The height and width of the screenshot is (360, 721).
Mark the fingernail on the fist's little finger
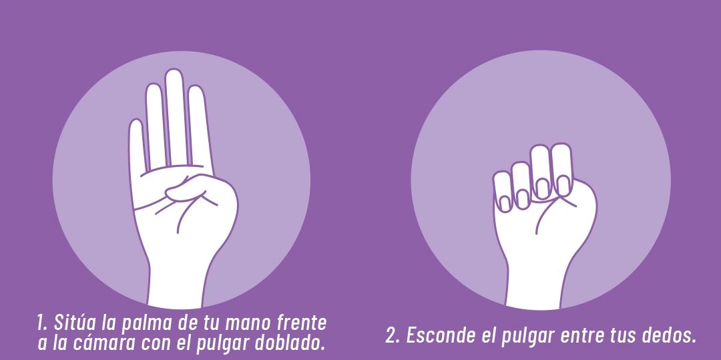pos(505,203)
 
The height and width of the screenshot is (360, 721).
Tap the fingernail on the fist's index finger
pos(563,185)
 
